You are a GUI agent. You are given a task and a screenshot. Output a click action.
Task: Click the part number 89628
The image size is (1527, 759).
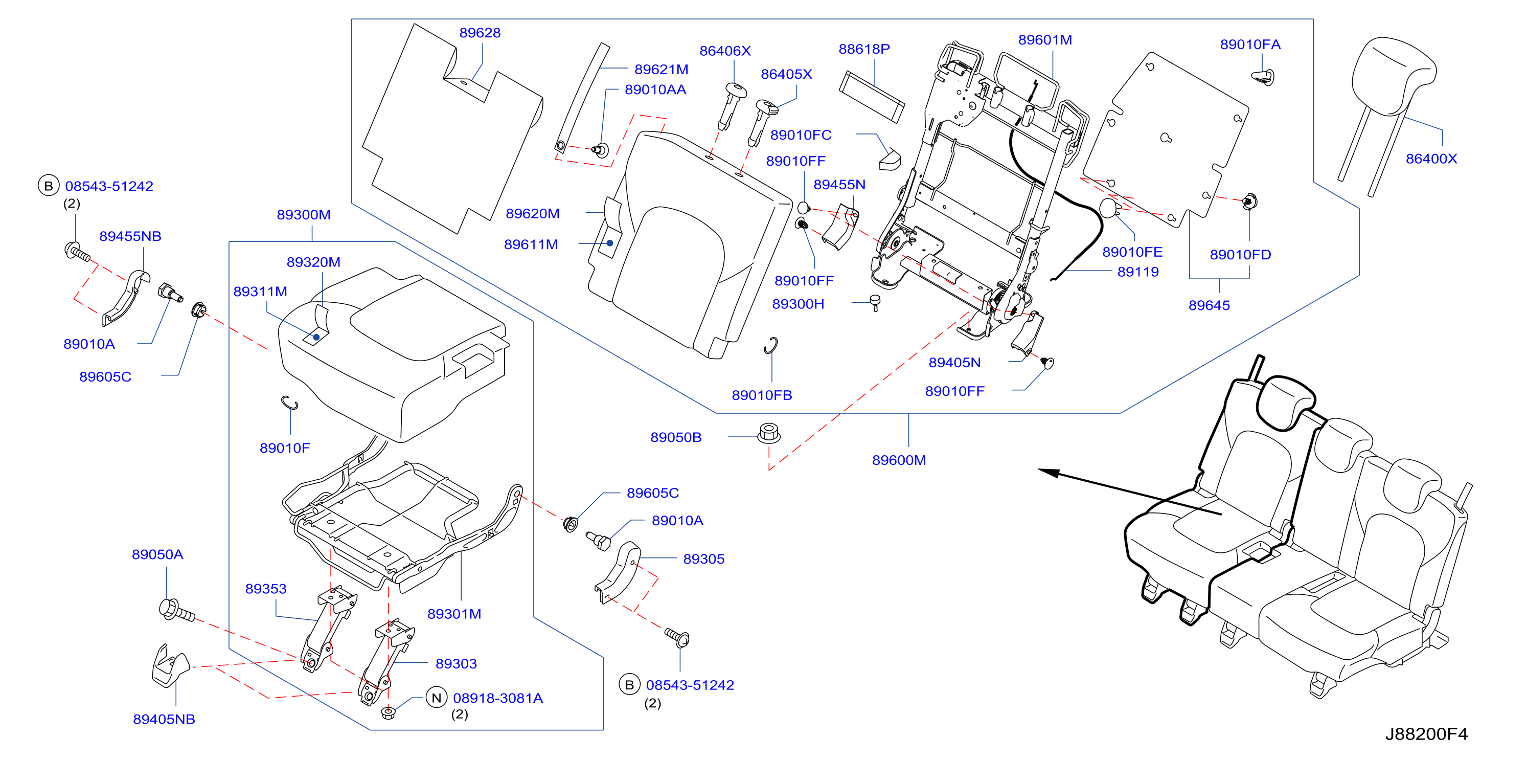point(480,33)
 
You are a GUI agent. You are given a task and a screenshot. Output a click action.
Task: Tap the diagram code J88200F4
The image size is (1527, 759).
point(1426,734)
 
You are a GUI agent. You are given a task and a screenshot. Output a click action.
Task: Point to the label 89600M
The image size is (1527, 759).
point(899,460)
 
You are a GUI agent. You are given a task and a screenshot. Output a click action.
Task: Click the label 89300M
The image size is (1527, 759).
point(304,215)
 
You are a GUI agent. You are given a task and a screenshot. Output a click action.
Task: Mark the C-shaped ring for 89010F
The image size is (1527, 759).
point(289,403)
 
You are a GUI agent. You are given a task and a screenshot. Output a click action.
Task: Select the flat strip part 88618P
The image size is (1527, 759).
point(872,97)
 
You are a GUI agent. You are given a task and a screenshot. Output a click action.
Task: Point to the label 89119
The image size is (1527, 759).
point(1137,272)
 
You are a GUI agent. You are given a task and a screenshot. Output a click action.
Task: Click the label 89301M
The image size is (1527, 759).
point(454,614)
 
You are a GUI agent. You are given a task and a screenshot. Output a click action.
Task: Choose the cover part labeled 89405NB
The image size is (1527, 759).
point(170,666)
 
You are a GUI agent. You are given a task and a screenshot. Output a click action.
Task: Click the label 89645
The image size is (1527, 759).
point(1209,305)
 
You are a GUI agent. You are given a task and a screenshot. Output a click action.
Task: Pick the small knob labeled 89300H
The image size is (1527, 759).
point(875,302)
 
